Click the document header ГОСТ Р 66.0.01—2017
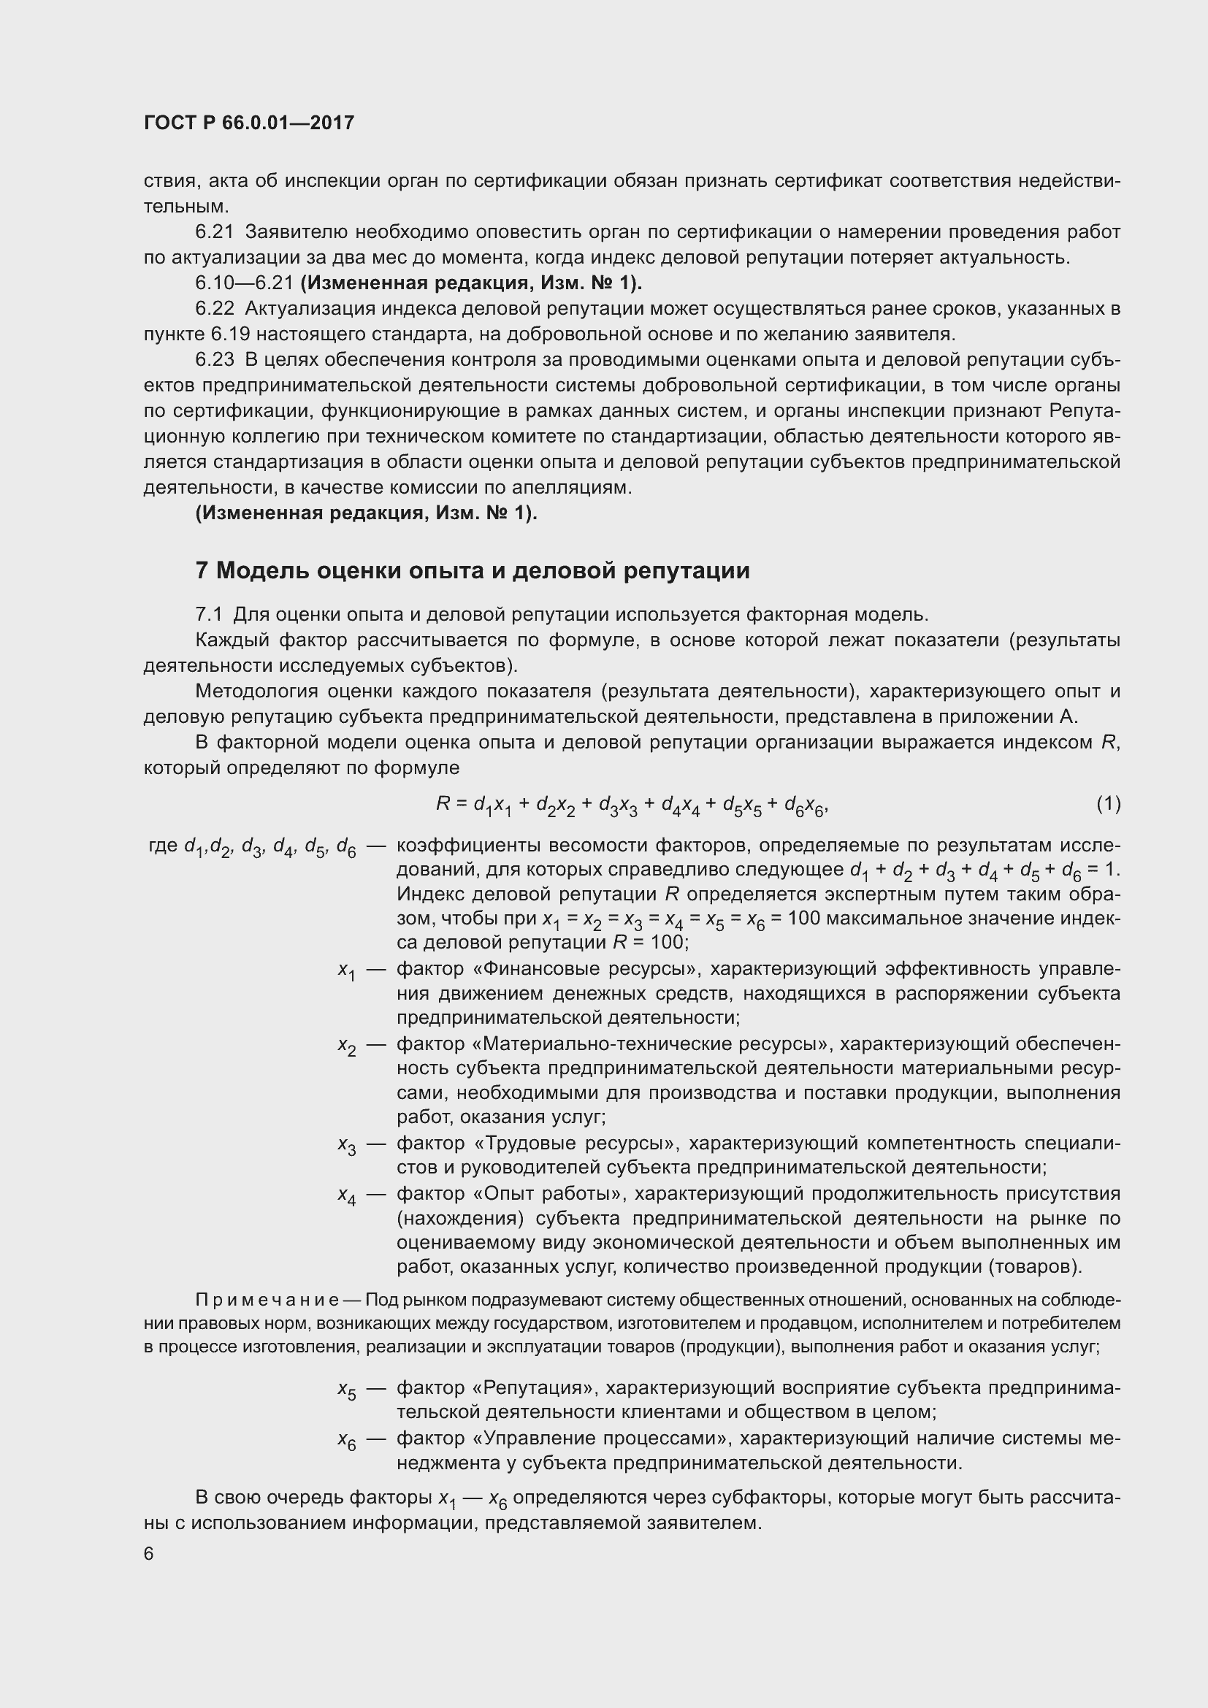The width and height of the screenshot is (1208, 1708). point(248,123)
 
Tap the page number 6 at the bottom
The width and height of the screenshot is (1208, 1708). point(149,1553)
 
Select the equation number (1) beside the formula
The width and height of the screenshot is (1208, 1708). point(1108,803)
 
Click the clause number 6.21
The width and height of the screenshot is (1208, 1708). point(214,232)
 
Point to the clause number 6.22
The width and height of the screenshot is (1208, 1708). point(214,309)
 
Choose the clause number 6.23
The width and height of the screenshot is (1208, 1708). point(214,360)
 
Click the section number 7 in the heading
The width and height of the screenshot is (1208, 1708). point(202,570)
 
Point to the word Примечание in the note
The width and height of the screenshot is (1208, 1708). point(267,1300)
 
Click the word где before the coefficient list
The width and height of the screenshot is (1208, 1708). point(164,846)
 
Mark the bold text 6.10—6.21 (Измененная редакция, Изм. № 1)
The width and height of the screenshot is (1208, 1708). point(418,283)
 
